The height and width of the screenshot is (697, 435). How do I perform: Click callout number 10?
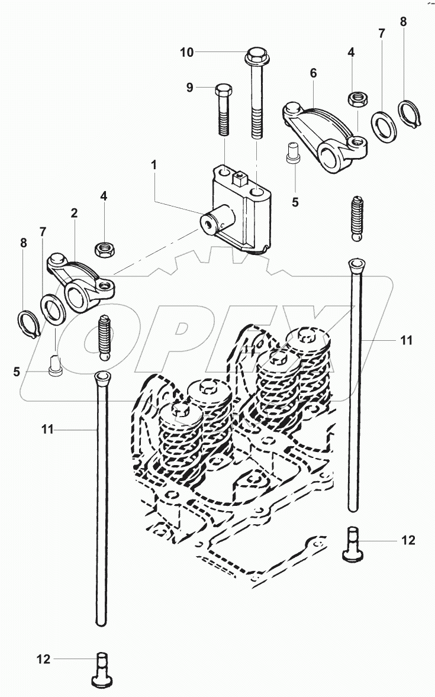187,53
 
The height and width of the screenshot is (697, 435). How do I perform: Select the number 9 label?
190,88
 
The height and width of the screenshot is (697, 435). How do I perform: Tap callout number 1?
153,165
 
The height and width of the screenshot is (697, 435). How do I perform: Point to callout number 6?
314,73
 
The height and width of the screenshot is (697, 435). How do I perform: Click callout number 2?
74,213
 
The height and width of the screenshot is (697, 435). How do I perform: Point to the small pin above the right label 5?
292,154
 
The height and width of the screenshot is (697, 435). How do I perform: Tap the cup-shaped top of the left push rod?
101,379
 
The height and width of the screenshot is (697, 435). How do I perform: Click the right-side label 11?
407,340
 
